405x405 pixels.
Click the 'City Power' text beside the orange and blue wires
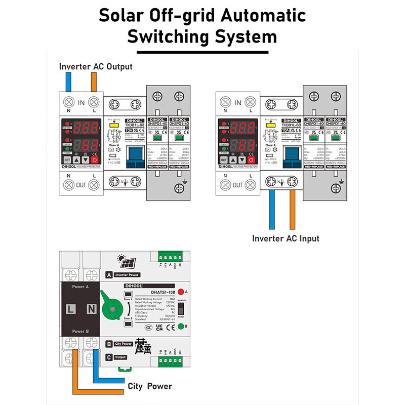(x=149, y=386)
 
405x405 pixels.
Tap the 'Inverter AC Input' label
(x=286, y=238)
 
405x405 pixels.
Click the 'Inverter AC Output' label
(x=96, y=66)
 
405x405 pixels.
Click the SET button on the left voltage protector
(x=67, y=159)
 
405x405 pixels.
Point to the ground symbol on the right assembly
(x=342, y=182)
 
